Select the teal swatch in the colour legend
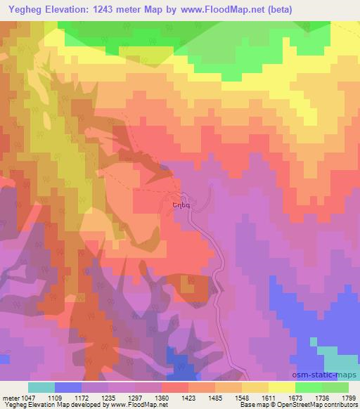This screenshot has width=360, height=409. coord(41,387)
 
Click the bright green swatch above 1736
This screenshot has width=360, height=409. coord(309,387)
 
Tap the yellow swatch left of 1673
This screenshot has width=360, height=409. coord(282,387)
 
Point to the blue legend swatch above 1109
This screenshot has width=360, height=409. coord(68,387)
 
